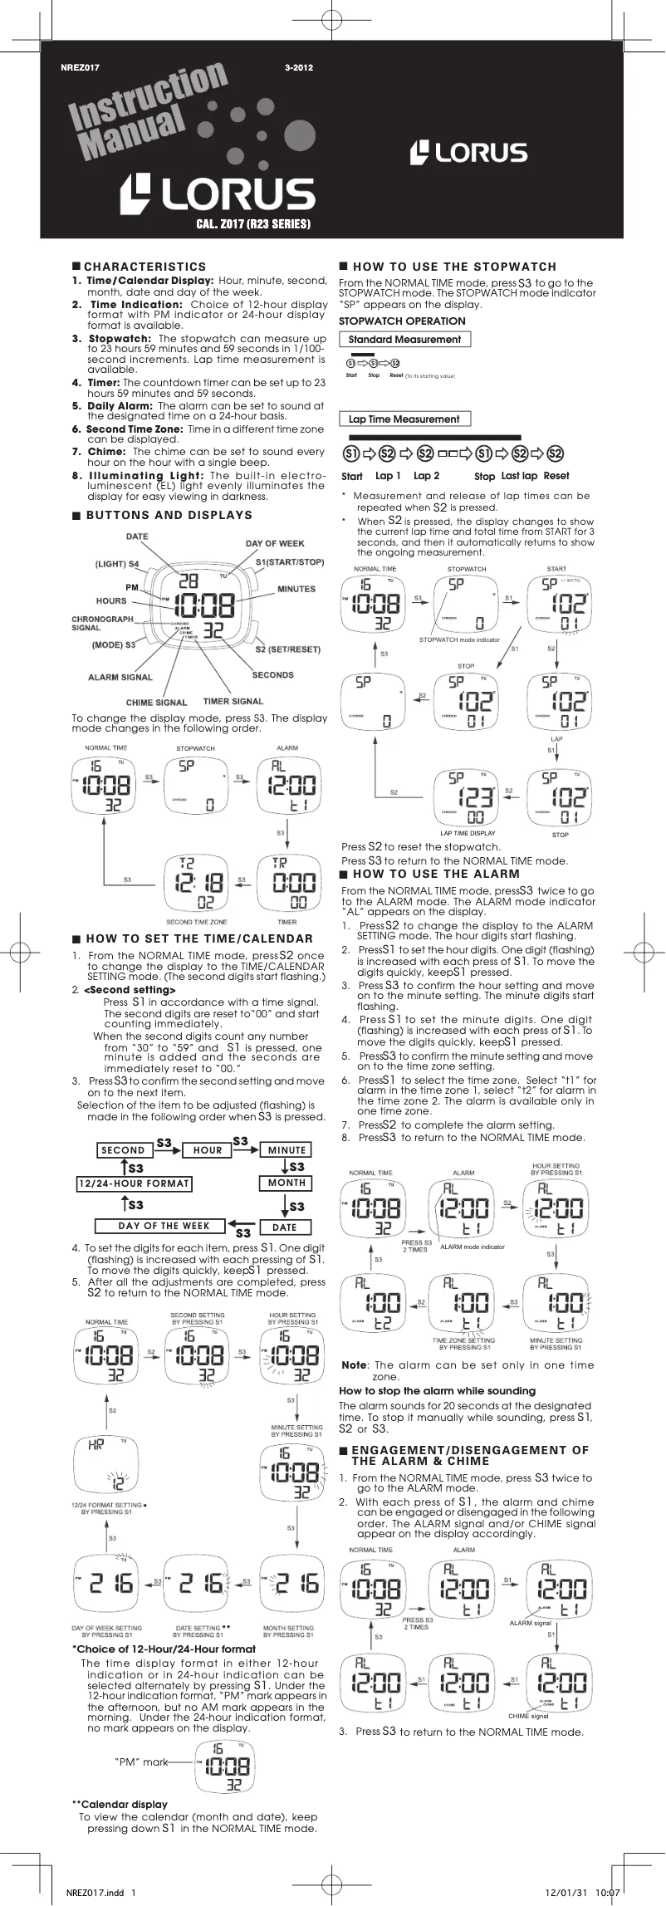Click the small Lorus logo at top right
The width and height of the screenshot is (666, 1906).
(469, 152)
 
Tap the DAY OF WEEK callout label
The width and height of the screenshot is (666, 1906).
(275, 543)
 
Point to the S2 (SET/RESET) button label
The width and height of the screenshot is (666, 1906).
(287, 649)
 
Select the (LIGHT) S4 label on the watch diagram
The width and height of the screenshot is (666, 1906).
(117, 564)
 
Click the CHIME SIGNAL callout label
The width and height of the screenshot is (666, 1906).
(157, 703)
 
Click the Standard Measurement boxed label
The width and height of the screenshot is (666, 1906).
(404, 340)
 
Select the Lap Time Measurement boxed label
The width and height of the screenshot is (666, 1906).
(404, 419)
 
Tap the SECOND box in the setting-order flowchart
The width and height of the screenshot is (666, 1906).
(123, 1150)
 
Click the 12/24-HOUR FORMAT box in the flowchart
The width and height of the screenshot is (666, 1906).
(134, 1183)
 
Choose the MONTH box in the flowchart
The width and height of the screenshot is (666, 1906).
(286, 1183)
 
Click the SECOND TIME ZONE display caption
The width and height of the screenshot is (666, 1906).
(197, 922)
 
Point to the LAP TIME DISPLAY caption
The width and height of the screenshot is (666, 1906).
(468, 833)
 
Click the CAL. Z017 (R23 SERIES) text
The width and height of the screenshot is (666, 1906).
(253, 224)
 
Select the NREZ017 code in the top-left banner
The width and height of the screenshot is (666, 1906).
(81, 68)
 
